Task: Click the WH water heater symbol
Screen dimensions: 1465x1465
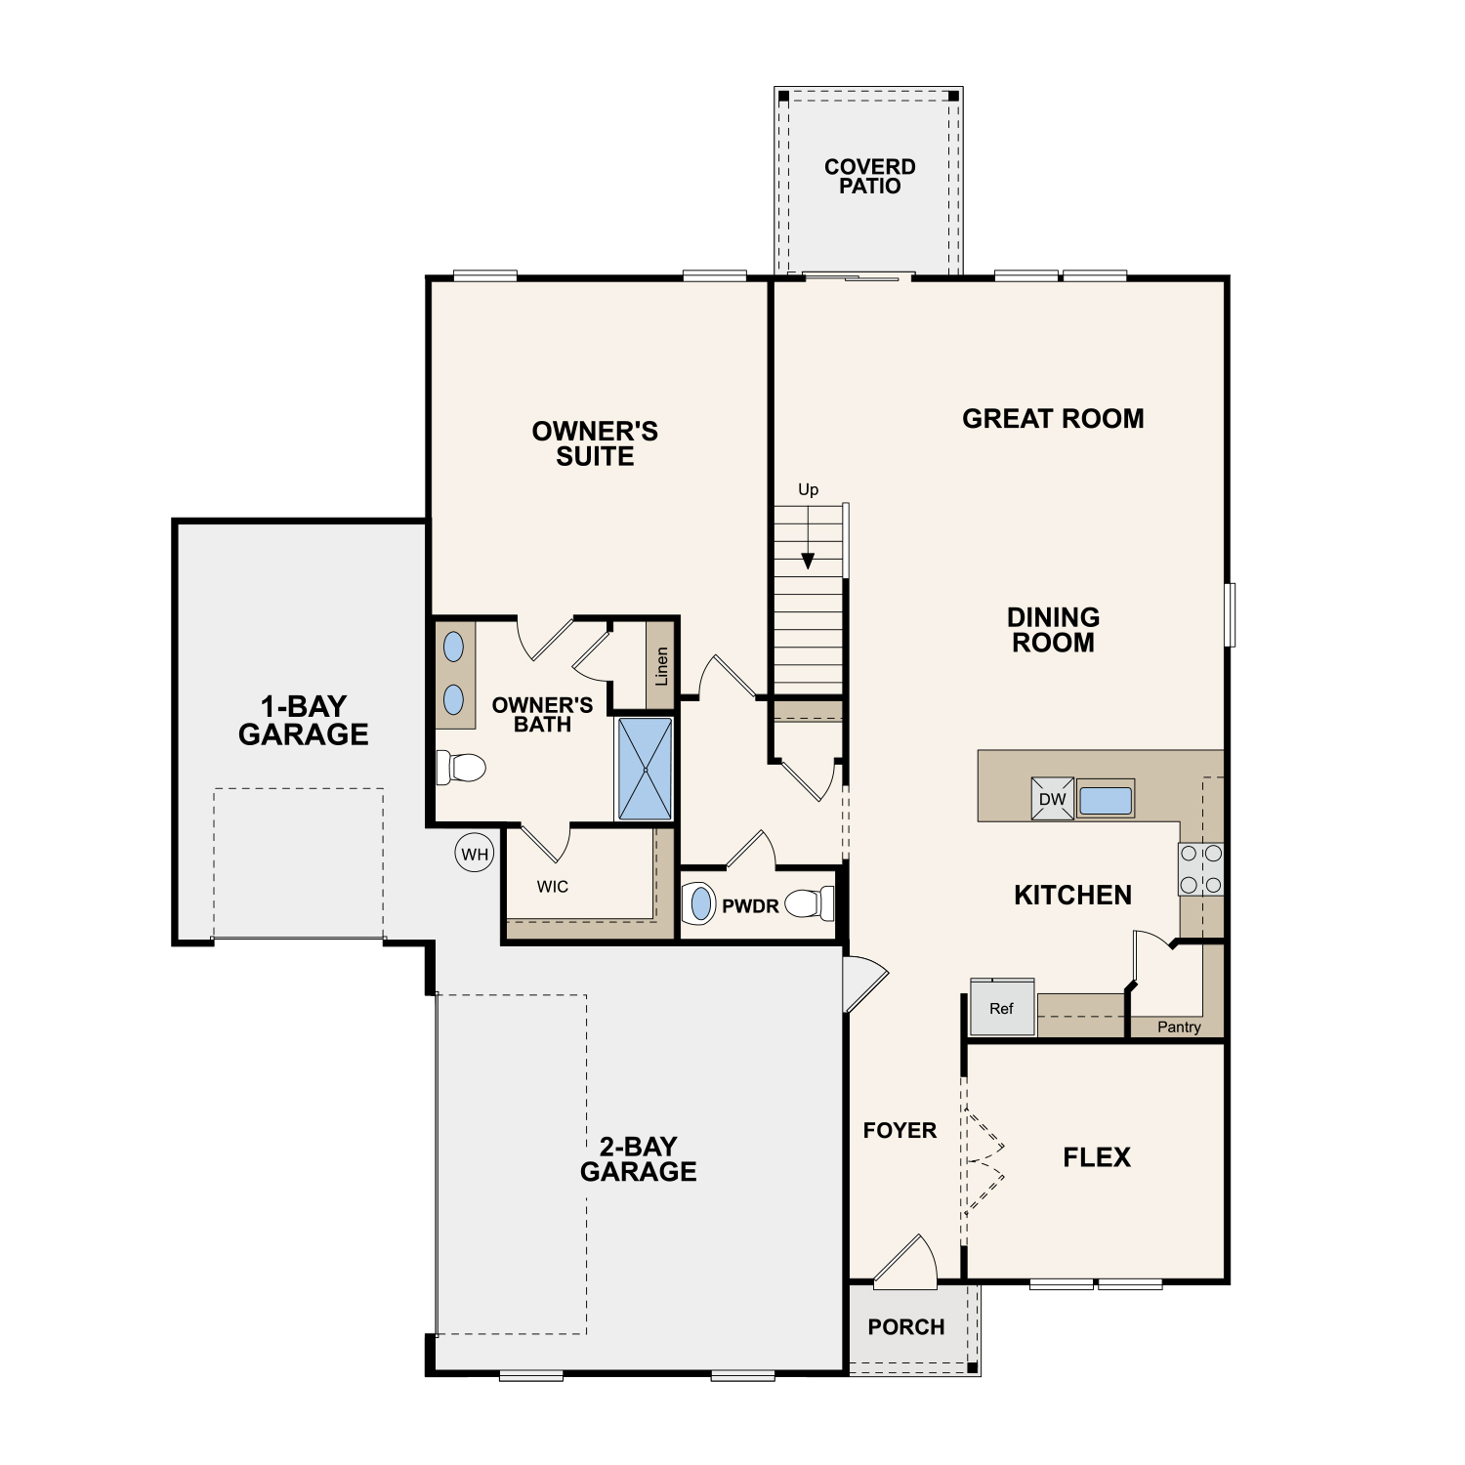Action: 475,854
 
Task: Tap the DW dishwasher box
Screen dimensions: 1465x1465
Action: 1053,799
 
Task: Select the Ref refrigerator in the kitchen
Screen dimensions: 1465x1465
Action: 1002,1007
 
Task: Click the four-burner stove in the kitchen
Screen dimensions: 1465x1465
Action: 1200,869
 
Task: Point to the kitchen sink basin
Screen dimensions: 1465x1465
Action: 1106,800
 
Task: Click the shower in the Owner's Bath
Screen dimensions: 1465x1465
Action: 645,769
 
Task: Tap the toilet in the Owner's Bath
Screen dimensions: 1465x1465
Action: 461,767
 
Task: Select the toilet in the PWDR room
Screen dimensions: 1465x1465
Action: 810,903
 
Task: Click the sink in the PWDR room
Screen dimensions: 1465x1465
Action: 699,903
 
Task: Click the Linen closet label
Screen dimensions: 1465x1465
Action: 661,666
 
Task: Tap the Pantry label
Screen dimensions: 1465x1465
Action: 1179,1027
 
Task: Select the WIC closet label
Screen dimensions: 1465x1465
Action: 553,887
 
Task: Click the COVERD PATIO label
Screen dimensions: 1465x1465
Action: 870,177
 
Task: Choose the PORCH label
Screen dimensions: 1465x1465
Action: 906,1327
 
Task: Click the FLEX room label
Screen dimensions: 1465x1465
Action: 1097,1157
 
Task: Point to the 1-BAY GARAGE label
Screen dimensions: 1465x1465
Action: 304,721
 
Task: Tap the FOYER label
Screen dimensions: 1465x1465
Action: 900,1131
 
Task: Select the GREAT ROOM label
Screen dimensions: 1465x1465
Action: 1053,419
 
